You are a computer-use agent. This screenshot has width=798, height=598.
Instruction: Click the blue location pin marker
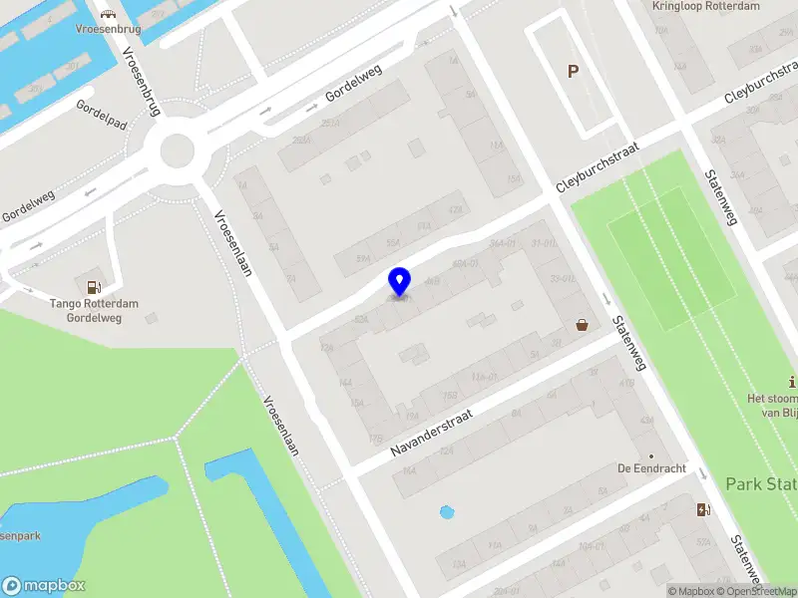click(400, 281)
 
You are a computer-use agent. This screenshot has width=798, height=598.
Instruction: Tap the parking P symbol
click(573, 72)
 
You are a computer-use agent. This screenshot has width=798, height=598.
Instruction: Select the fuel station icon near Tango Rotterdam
click(94, 287)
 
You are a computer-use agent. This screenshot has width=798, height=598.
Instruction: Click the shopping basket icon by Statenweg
click(582, 324)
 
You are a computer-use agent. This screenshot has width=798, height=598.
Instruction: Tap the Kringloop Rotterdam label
click(705, 6)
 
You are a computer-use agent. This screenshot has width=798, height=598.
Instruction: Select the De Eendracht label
click(650, 468)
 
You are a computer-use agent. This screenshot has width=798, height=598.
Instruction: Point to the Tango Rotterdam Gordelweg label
click(94, 311)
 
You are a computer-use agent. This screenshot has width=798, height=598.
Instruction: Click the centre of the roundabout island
click(176, 151)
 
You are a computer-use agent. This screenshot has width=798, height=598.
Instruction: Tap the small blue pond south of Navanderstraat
click(447, 513)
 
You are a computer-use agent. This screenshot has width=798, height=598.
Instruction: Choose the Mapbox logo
click(44, 586)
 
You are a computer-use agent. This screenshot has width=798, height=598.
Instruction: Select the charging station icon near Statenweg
click(704, 510)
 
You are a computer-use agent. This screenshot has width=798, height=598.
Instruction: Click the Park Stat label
click(760, 484)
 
